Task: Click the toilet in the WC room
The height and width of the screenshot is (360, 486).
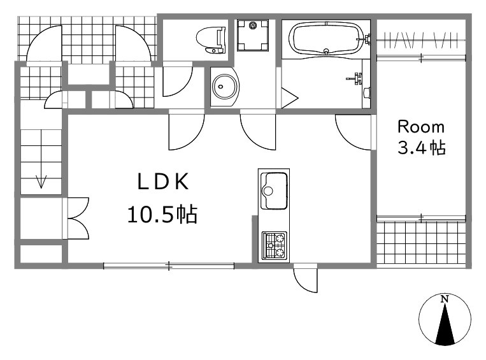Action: (211, 40)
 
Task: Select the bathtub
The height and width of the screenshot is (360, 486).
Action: (326, 39)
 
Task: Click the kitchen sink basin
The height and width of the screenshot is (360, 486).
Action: (274, 191)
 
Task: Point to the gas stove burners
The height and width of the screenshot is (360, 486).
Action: (274, 245)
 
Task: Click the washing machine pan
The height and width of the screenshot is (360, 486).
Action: (253, 35)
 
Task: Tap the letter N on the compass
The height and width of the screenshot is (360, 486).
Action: (445, 299)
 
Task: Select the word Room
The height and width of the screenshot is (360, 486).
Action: (421, 127)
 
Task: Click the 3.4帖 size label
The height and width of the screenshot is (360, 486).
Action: (422, 148)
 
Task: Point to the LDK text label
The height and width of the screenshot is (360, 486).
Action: (163, 182)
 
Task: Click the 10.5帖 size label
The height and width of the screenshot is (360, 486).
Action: (162, 215)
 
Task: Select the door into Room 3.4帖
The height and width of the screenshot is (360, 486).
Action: (354, 133)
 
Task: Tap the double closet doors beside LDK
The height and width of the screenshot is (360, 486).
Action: (78, 219)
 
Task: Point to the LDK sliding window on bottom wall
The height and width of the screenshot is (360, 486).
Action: (169, 266)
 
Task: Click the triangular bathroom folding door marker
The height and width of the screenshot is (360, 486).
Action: (289, 98)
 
